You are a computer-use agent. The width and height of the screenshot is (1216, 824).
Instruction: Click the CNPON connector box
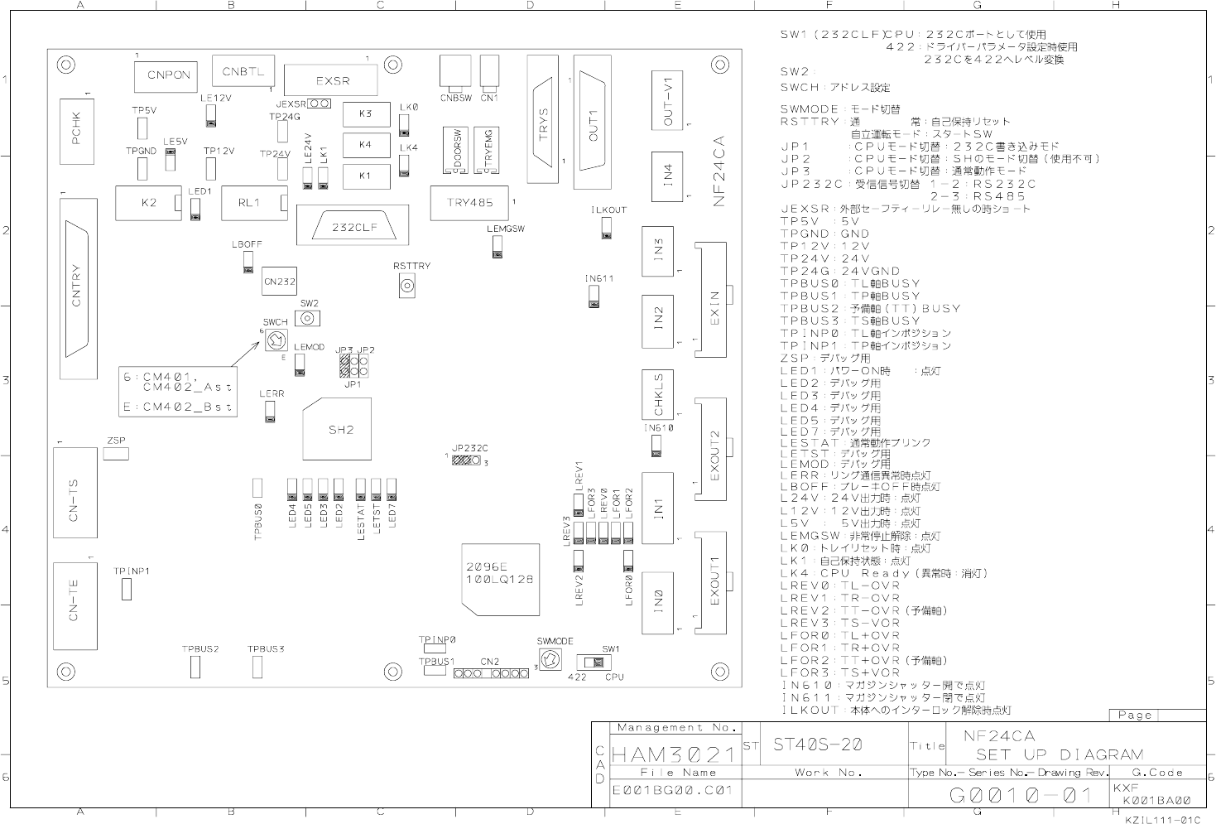pos(168,75)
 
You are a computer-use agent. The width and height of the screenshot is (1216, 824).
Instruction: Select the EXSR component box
pos(332,81)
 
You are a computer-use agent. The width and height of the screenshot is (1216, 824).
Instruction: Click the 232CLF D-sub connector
pos(354,226)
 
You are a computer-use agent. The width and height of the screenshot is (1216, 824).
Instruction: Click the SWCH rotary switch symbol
pos(276,339)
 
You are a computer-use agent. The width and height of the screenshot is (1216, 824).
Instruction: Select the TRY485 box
pos(469,203)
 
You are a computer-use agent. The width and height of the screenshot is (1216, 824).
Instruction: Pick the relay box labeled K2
pos(149,203)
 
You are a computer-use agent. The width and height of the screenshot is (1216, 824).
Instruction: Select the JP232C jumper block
pos(467,459)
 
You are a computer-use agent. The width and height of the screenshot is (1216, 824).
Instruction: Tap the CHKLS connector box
pos(659,395)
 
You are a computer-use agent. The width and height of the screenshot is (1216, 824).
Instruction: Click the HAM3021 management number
pos(673,754)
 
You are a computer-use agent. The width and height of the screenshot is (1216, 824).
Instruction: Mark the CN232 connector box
pos(280,282)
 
